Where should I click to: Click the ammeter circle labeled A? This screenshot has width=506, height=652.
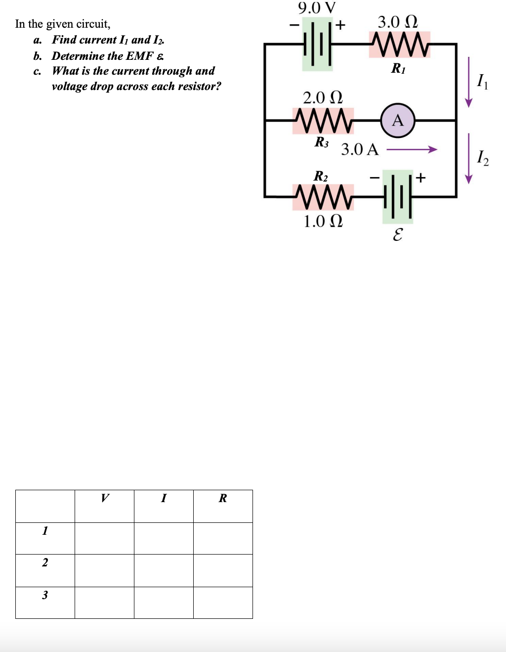pyautogui.click(x=398, y=120)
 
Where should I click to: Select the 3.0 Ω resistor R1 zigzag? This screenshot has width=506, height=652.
pyautogui.click(x=399, y=44)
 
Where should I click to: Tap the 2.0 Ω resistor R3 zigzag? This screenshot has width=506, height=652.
pyautogui.click(x=323, y=121)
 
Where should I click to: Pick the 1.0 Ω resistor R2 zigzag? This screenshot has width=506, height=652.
pyautogui.click(x=323, y=197)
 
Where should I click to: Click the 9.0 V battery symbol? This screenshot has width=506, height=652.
pyautogui.click(x=317, y=44)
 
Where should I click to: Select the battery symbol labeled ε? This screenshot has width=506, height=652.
pyautogui.click(x=397, y=197)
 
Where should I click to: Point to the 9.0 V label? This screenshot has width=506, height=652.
pyautogui.click(x=317, y=8)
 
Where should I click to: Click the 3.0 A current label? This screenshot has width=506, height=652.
pyautogui.click(x=360, y=149)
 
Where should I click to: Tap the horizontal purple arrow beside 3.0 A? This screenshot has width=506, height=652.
pyautogui.click(x=412, y=149)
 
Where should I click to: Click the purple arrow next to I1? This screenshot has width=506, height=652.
pyautogui.click(x=468, y=82)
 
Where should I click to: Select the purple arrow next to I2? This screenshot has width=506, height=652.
pyautogui.click(x=468, y=158)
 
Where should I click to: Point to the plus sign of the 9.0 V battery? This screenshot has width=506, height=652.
pyautogui.click(x=340, y=24)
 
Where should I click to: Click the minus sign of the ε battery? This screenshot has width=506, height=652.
pyautogui.click(x=375, y=177)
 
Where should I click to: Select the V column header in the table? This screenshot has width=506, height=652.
pyautogui.click(x=104, y=498)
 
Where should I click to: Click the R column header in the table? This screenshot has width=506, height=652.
pyautogui.click(x=223, y=498)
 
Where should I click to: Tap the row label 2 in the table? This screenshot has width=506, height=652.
pyautogui.click(x=45, y=562)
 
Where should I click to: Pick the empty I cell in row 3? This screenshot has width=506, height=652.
pyautogui.click(x=164, y=603)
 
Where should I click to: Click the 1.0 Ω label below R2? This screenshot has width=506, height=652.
pyautogui.click(x=323, y=221)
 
